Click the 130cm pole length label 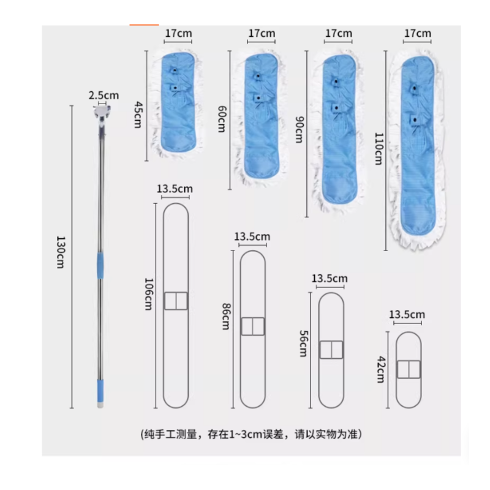60,252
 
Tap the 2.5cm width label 104,96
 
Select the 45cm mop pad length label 138,115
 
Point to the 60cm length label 222,119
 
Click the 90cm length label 300,130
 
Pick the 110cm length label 379,149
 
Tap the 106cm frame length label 148,294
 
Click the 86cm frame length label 225,316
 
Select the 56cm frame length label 303,344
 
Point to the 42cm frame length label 380,369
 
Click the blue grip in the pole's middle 100,265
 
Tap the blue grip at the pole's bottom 100,391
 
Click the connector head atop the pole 102,113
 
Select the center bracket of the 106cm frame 176,301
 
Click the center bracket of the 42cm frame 409,369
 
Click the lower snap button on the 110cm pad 415,119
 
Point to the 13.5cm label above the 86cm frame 252,236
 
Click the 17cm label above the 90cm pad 339,33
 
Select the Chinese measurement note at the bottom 251,434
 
